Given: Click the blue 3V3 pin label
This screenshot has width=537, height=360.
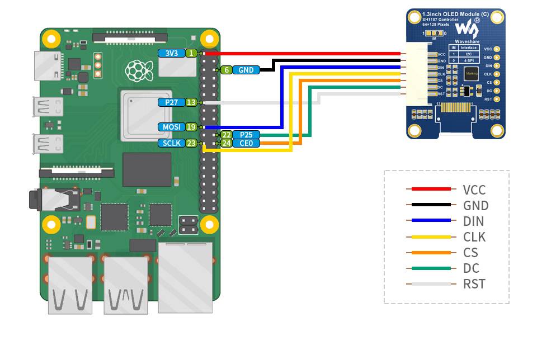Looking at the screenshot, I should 172,53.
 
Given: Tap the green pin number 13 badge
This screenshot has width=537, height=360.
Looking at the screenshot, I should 191,102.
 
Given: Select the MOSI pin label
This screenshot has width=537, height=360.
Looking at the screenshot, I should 171,127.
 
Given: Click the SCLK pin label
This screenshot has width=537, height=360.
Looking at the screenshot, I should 171,143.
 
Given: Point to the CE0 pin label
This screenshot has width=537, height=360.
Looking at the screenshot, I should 246,143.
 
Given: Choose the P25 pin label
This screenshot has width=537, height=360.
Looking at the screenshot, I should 246,135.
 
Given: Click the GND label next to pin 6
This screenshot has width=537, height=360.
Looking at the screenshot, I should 246,70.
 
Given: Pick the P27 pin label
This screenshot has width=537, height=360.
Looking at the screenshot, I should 171,102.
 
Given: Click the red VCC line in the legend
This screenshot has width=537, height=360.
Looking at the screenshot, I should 430,190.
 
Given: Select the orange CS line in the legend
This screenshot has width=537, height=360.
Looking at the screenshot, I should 430,252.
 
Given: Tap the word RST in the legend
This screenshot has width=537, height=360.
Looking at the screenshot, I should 474,284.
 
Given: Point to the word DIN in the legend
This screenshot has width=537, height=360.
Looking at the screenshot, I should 474,221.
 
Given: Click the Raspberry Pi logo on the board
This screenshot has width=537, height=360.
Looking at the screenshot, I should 135,70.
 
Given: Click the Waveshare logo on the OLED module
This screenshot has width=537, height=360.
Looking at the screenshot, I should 467,29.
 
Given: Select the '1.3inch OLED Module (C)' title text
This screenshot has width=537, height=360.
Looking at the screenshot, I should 447,13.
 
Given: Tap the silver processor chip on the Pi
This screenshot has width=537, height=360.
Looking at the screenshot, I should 145,115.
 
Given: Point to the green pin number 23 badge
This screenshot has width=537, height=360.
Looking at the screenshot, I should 191,143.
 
